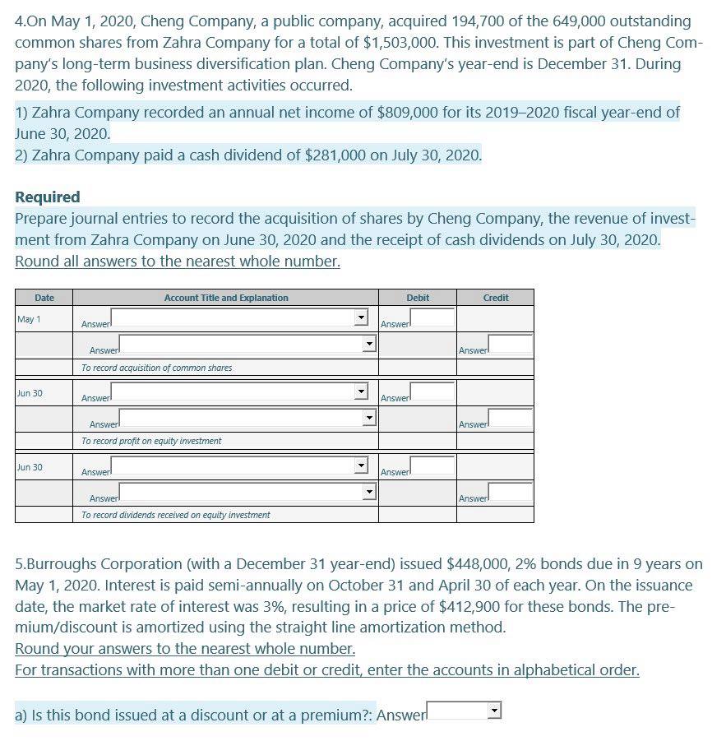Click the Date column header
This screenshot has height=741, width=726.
tap(44, 298)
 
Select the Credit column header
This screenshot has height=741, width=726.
tap(495, 298)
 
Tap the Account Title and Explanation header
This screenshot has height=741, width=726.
tap(226, 298)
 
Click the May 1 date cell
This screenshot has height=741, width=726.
tap(30, 319)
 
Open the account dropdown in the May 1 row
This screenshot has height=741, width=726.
tap(358, 317)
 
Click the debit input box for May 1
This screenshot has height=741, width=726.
tap(432, 317)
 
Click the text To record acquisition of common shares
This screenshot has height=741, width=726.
tap(156, 368)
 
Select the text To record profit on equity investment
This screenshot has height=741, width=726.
tap(151, 441)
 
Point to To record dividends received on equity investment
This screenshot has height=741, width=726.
tap(175, 515)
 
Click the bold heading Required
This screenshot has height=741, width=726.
tap(48, 197)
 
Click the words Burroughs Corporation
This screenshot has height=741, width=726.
tap(90, 563)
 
